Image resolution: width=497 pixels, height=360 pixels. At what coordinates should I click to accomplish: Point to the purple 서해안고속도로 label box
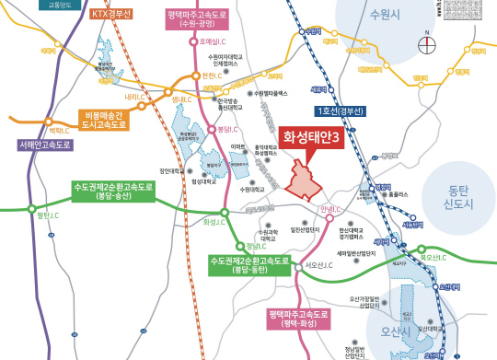[x=45, y=145]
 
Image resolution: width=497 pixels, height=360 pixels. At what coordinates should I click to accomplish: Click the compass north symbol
[x=425, y=40]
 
